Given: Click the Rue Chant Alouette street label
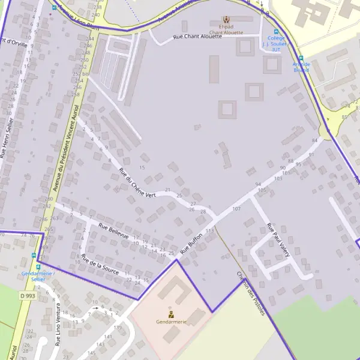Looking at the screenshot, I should tap(197, 37).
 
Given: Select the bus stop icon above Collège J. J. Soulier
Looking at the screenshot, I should tap(276, 32).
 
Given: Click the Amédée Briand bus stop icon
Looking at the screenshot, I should tap(301, 58).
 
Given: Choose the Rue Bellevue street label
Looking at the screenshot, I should tap(113, 232).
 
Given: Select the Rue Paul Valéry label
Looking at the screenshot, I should tap(278, 240).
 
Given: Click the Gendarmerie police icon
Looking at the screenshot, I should tap(171, 314).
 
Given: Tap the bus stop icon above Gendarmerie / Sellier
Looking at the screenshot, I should tap(38, 267).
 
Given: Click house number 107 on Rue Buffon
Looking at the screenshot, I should tap(236, 209).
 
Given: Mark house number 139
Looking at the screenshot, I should tap(118, 327).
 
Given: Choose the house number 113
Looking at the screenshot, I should tap(209, 230).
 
